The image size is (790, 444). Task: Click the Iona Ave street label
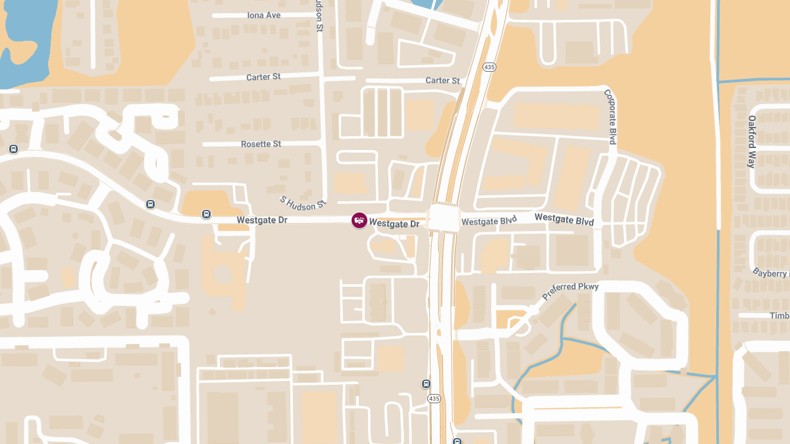click(263, 15)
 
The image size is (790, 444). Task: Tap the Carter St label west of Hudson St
click(263, 77)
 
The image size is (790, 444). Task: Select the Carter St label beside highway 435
click(442, 81)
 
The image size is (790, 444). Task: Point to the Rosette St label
click(261, 144)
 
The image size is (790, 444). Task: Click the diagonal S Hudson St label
click(303, 203)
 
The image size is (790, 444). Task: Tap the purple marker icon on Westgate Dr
click(359, 220)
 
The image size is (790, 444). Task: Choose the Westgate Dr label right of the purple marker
click(394, 224)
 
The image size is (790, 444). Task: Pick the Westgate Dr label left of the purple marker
click(262, 220)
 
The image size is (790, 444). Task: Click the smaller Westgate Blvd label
click(488, 222)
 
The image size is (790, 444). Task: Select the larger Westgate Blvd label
click(564, 219)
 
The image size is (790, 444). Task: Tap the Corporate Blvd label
click(611, 117)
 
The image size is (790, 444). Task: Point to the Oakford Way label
click(752, 141)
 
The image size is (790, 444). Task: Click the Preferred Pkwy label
click(570, 292)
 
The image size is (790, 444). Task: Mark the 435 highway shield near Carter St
click(489, 67)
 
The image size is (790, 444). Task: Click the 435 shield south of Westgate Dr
click(433, 399)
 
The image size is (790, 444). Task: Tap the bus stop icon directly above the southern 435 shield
click(426, 383)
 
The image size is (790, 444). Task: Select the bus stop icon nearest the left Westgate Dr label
click(207, 214)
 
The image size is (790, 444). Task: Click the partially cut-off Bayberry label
click(770, 272)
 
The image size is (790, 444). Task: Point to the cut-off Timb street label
click(779, 316)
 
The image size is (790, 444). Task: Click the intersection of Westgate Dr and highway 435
click(442, 218)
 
